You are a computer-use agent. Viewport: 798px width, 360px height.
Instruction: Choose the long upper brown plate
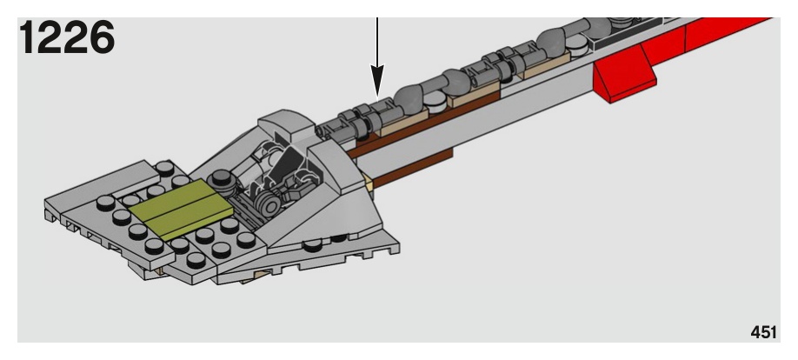tap(426, 127)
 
